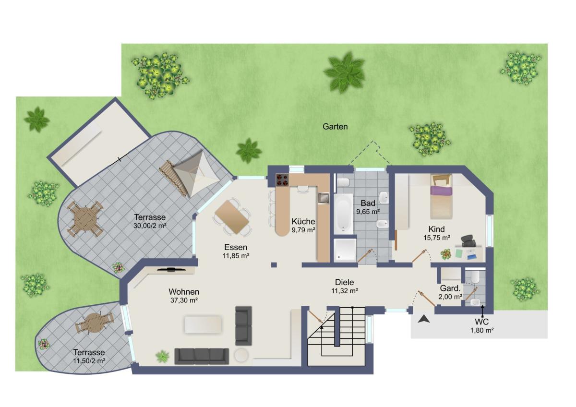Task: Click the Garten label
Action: (x=335, y=127)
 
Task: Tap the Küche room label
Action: (x=303, y=221)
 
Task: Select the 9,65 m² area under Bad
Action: (x=368, y=212)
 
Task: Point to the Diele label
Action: (x=344, y=282)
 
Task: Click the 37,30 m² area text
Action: (x=184, y=300)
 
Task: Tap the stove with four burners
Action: (x=283, y=180)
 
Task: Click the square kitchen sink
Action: (x=323, y=198)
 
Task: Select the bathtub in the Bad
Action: (x=343, y=214)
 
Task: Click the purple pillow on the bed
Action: (x=441, y=191)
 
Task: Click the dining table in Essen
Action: (x=232, y=217)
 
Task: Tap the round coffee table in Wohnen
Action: (x=241, y=355)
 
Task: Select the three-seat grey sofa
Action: (x=202, y=356)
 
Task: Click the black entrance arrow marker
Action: (x=424, y=320)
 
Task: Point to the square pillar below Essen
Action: (x=274, y=265)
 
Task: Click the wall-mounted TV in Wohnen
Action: (x=171, y=269)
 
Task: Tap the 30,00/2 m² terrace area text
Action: (x=150, y=226)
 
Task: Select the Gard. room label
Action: (x=450, y=288)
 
